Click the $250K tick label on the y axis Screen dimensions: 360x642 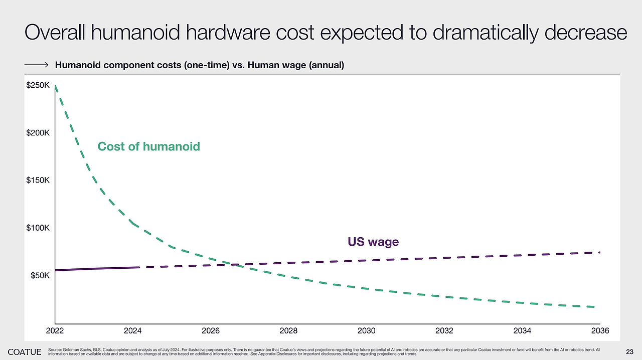pyautogui.click(x=38, y=86)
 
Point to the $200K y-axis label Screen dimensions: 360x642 pyautogui.click(x=38, y=133)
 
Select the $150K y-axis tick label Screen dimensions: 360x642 pyautogui.click(x=38, y=181)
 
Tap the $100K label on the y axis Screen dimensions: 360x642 pyautogui.click(x=38, y=228)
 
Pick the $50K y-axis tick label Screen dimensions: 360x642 pyautogui.click(x=39, y=276)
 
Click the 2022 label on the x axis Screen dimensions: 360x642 pyautogui.click(x=55, y=330)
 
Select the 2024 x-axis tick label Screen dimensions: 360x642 pyautogui.click(x=132, y=330)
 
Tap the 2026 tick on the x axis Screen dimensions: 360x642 pyautogui.click(x=211, y=330)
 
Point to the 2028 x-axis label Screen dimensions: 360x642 pyautogui.click(x=288, y=330)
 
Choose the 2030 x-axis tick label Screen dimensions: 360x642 pyautogui.click(x=366, y=330)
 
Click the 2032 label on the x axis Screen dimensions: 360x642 pyautogui.click(x=444, y=330)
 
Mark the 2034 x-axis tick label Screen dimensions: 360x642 pyautogui.click(x=522, y=330)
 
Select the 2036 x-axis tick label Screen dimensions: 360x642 pyautogui.click(x=600, y=330)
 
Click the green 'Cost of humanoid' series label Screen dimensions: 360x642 pyautogui.click(x=148, y=146)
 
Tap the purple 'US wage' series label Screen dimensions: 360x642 pyautogui.click(x=373, y=242)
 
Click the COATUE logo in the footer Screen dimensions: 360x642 pyautogui.click(x=25, y=352)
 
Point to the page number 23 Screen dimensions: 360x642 pyautogui.click(x=630, y=351)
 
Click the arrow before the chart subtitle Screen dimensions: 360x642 pyautogui.click(x=36, y=65)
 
